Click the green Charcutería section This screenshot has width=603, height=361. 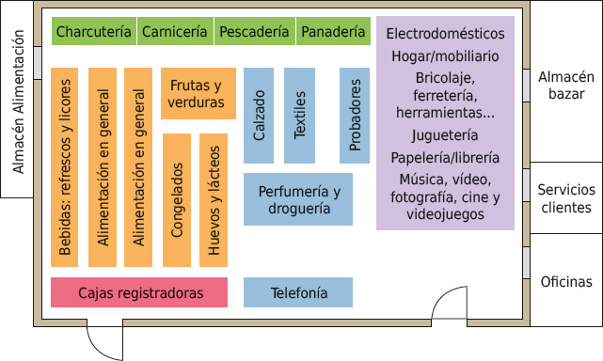pyautogui.click(x=94, y=32)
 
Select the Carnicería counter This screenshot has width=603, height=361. pyautogui.click(x=175, y=32)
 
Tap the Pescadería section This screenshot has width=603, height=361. pyautogui.click(x=254, y=32)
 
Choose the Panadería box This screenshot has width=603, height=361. pyautogui.click(x=333, y=32)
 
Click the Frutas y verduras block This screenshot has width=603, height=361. pyautogui.click(x=198, y=93)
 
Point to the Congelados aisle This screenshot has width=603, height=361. pyautogui.click(x=178, y=199)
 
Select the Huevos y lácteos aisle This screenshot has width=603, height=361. pyautogui.click(x=214, y=199)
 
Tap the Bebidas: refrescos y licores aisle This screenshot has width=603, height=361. pyautogui.click(x=65, y=167)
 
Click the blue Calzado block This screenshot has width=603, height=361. pyautogui.click(x=259, y=115)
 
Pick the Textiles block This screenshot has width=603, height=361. pyautogui.click(x=300, y=115)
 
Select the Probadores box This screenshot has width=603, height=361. pyautogui.click(x=355, y=115)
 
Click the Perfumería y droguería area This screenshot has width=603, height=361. pyautogui.click(x=298, y=199)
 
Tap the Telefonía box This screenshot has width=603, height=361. pyautogui.click(x=298, y=292)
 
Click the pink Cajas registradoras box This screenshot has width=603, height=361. pyautogui.click(x=139, y=292)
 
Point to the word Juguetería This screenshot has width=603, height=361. pyautogui.click(x=445, y=135)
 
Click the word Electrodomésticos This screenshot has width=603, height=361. pyautogui.click(x=445, y=34)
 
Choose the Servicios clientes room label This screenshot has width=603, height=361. pyautogui.click(x=564, y=198)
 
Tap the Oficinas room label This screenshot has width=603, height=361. pyautogui.click(x=566, y=282)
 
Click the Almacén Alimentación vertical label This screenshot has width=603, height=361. pyautogui.click(x=17, y=102)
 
